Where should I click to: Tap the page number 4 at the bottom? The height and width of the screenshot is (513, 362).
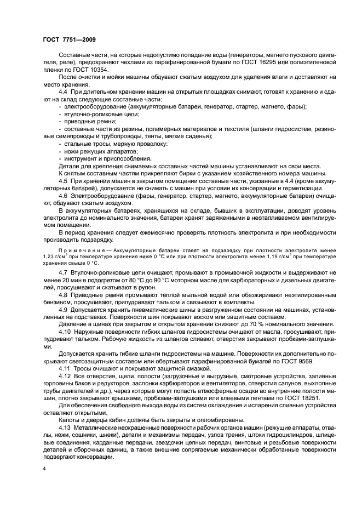(44, 470)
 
